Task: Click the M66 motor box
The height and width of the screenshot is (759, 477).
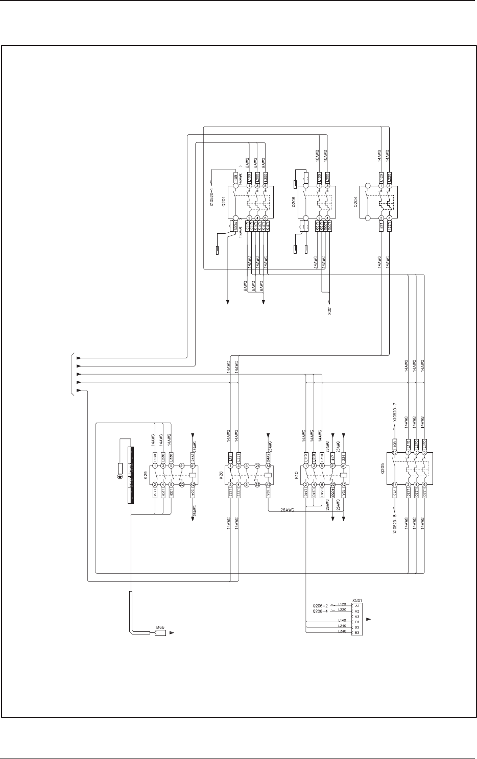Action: (x=160, y=633)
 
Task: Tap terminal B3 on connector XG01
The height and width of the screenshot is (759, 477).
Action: (x=357, y=632)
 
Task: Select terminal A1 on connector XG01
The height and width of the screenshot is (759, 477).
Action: (x=357, y=605)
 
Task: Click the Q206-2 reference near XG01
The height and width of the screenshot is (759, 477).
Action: (x=321, y=604)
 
